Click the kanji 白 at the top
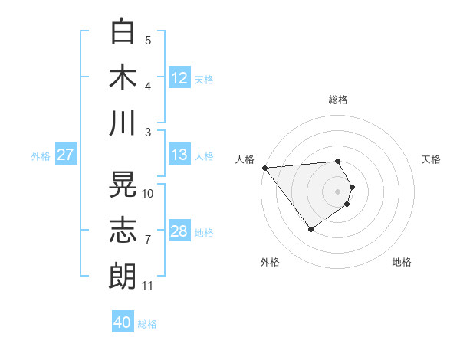123,31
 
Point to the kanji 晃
123,185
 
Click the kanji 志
123,231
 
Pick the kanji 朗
123,276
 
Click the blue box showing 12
179,77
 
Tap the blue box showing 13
179,155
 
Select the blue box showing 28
179,231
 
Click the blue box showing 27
66,155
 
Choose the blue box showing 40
123,322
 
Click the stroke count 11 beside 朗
148,286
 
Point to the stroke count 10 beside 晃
148,194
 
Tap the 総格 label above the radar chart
337,100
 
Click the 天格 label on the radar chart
432,159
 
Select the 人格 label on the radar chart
245,159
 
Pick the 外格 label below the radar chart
270,262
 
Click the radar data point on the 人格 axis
264,167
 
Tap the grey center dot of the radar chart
337,191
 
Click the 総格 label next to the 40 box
147,324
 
